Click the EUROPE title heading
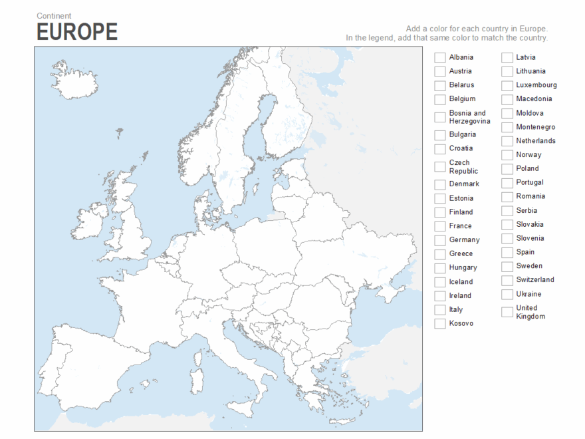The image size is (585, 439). point(77,31)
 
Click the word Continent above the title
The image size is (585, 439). point(54,16)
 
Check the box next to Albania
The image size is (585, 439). point(439,58)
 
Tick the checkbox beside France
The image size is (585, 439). point(439,227)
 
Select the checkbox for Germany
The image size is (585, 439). point(439,241)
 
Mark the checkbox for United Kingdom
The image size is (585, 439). point(507,312)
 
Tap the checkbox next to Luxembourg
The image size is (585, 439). point(507,86)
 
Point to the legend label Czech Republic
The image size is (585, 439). point(463,167)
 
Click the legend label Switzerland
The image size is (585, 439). point(534,280)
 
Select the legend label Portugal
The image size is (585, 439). point(529,182)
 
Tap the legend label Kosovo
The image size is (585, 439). point(461,323)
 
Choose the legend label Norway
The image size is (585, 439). point(528,154)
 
